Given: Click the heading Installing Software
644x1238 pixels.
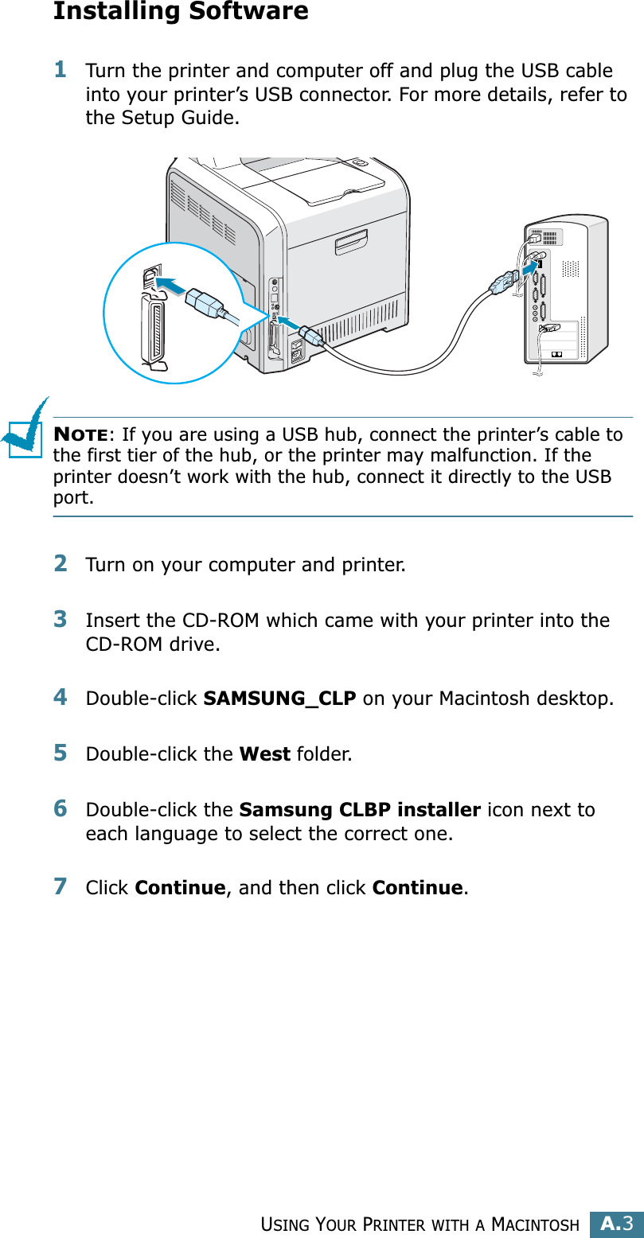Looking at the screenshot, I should click(x=181, y=12).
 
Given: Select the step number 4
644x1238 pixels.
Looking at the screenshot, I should click(x=60, y=698).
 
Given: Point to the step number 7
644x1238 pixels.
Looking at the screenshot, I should click(x=60, y=886).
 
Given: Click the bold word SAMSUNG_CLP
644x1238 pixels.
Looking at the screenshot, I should click(x=279, y=699).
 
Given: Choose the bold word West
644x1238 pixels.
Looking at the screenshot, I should click(x=264, y=753).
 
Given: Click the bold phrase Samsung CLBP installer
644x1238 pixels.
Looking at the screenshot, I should click(x=359, y=810).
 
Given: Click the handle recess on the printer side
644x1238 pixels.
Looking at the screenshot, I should click(x=352, y=242).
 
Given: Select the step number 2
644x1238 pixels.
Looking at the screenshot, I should click(x=60, y=564).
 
